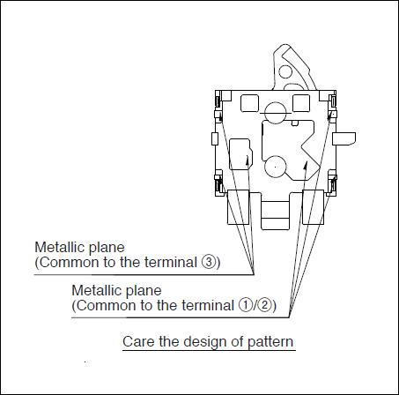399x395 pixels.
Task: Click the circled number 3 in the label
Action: pos(208,262)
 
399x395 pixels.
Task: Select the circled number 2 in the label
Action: pos(265,305)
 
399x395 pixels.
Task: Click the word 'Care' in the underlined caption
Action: pos(138,341)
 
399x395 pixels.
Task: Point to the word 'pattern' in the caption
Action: pos(270,342)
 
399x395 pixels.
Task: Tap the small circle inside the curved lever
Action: pos(284,71)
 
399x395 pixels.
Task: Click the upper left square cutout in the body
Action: pos(249,103)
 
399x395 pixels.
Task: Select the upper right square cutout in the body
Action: pos(301,103)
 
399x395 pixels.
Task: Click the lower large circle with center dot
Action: pos(275,167)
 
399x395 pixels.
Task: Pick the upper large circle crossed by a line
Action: pos(275,113)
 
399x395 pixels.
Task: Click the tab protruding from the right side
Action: pos(344,138)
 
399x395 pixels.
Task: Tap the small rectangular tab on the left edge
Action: pos(215,138)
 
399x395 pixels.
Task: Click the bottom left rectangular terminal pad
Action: pos(239,207)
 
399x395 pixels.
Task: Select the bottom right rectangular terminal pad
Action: pos(314,207)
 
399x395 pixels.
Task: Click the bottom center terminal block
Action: pos(275,215)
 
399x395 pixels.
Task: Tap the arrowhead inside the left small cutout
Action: pos(248,160)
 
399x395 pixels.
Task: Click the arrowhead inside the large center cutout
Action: pos(306,165)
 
